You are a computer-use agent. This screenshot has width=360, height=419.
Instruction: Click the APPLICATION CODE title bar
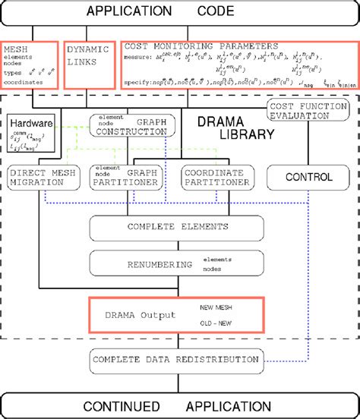[x=179, y=11]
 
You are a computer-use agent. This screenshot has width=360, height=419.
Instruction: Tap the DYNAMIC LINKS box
[x=88, y=58]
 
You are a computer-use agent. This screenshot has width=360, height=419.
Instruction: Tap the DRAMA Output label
[x=134, y=314]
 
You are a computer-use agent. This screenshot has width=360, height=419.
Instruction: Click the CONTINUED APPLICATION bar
[x=179, y=405]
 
